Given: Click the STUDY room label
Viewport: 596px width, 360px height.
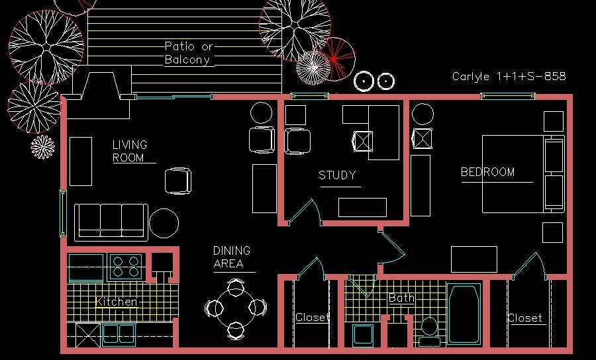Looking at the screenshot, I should [337, 175].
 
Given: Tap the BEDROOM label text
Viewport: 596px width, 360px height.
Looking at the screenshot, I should [487, 172].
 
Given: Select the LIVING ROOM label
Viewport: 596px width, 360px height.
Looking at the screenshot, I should [129, 151].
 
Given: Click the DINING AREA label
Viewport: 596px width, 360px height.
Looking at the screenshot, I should [231, 257].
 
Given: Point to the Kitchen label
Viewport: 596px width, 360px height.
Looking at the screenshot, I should [117, 302].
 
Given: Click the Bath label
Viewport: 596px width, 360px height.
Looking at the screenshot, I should [401, 298].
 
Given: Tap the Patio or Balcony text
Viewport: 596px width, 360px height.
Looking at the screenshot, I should [189, 53].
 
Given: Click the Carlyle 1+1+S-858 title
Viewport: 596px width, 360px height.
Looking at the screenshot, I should [509, 76].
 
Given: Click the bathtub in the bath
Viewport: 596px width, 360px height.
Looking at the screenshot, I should [464, 313].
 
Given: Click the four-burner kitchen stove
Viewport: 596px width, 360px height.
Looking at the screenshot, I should [126, 266].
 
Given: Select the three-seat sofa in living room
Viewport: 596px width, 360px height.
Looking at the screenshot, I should [111, 221].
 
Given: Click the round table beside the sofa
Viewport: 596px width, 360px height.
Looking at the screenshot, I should [164, 224].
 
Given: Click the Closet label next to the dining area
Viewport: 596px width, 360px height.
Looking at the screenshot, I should [311, 318].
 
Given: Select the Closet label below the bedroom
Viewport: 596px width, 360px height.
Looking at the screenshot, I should [524, 318].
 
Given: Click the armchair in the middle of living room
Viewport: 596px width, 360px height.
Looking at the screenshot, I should [178, 181].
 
